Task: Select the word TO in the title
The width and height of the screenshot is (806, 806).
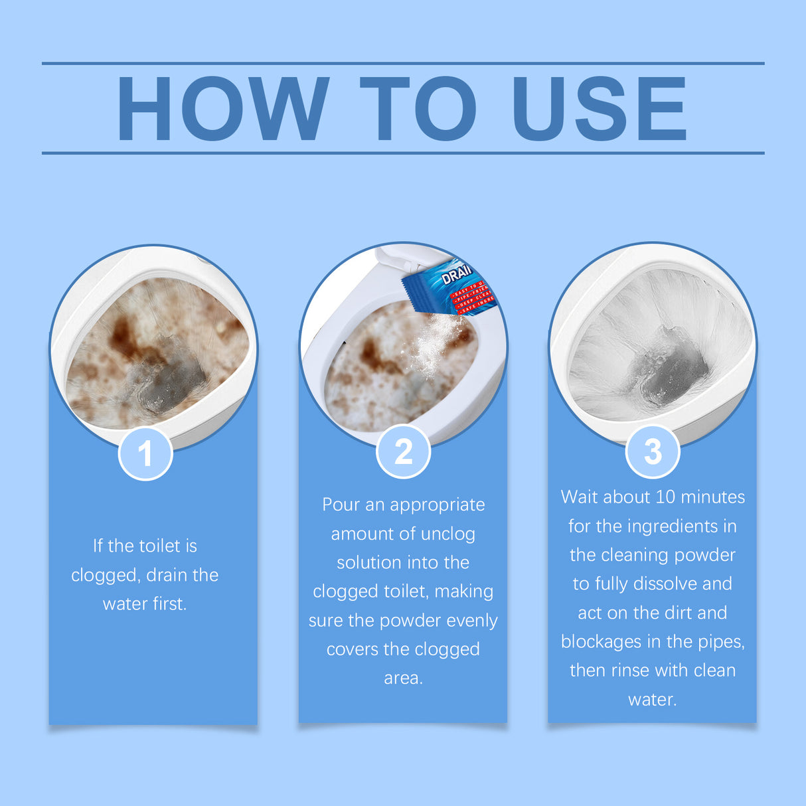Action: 418,108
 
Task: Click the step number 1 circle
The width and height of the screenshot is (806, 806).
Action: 145,454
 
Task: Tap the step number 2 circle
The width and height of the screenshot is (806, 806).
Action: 403,452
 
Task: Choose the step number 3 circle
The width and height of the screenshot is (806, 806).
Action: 653,452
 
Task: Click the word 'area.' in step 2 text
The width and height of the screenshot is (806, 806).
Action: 403,679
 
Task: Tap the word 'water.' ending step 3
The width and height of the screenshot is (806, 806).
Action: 652,700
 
